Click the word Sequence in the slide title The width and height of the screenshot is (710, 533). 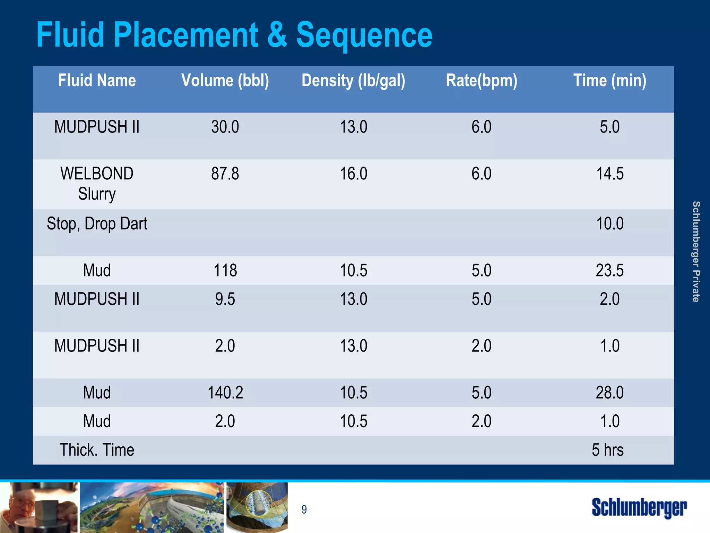click(364, 35)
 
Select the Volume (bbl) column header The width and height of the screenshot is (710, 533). click(225, 81)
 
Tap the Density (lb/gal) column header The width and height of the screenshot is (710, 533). click(353, 81)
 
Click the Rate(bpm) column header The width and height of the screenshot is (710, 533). click(482, 81)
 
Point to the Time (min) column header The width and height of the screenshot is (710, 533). click(609, 81)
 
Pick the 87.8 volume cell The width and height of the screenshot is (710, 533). click(225, 174)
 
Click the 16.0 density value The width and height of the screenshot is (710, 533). click(353, 174)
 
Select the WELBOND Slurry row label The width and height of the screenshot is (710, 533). click(97, 183)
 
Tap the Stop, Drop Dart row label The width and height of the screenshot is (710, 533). click(97, 224)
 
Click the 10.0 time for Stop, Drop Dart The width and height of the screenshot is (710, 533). click(609, 224)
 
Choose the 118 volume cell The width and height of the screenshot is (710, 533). click(225, 270)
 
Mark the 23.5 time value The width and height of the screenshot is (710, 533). click(609, 270)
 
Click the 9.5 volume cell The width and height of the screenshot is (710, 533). click(225, 299)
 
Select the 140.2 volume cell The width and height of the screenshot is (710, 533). click(225, 393)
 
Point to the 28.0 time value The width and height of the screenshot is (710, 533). click(609, 393)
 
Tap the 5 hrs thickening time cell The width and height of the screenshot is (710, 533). click(607, 450)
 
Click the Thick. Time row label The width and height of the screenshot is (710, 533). click(97, 450)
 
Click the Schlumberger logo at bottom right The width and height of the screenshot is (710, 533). click(639, 508)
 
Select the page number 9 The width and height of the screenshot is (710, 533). click(304, 509)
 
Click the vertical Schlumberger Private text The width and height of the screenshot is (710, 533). click(696, 251)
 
